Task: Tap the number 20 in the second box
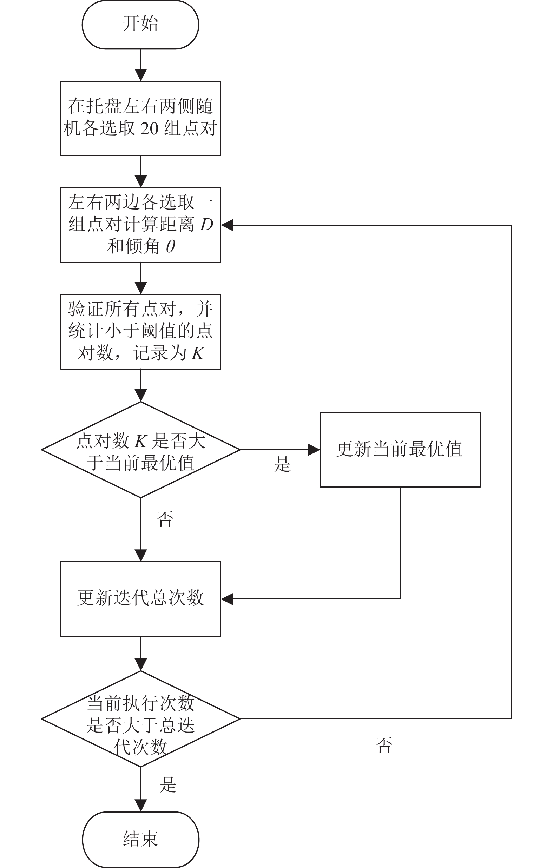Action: click(x=149, y=129)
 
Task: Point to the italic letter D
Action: click(x=206, y=225)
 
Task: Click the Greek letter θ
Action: click(x=171, y=246)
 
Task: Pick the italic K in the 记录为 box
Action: click(x=198, y=353)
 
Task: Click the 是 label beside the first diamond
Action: click(x=282, y=464)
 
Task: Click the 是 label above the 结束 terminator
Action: click(x=168, y=785)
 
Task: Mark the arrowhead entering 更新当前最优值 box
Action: click(x=314, y=450)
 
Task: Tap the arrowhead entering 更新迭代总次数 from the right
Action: click(x=227, y=599)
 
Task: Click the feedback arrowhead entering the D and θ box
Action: click(x=227, y=225)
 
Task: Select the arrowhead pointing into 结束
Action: click(x=140, y=806)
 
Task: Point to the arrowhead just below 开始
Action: click(x=140, y=75)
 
